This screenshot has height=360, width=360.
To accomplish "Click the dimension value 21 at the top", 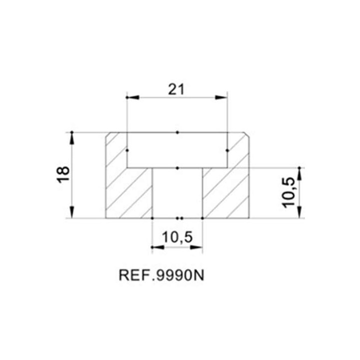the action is click(176, 89).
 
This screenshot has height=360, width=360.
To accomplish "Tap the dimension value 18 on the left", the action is click(63, 174).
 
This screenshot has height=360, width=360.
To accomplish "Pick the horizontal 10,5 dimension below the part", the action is click(177, 237).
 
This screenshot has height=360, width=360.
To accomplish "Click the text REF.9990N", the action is click(161, 275).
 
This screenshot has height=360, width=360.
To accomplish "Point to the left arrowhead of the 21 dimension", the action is click(133, 97).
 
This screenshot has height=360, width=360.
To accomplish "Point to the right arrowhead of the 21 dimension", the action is click(221, 97).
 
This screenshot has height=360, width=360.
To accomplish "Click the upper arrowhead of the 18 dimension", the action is click(72, 138).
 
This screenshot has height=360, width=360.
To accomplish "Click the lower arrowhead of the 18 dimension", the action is click(72, 212).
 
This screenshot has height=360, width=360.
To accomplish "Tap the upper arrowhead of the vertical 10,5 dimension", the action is click(299, 174).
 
